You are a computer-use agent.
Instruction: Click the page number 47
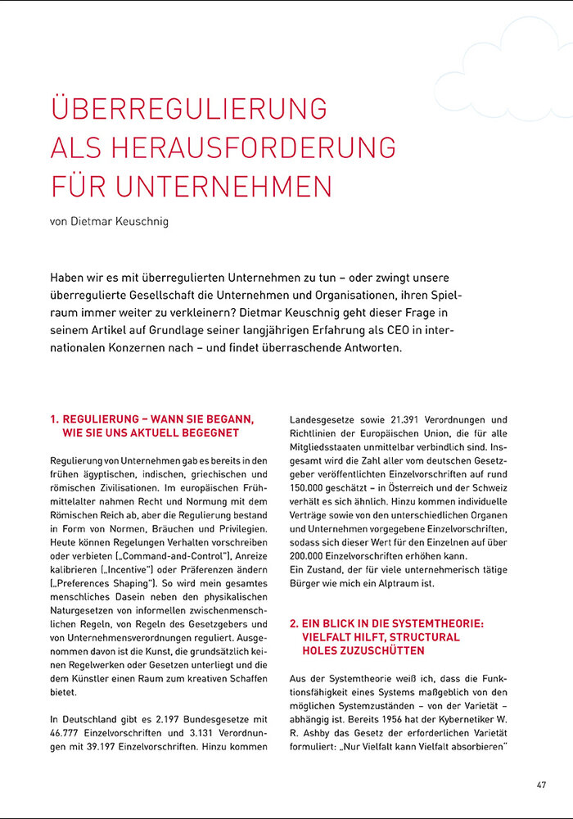tap(541, 784)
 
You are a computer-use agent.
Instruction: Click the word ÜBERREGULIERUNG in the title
tap(189, 110)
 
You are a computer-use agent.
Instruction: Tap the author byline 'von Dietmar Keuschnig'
tap(109, 221)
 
